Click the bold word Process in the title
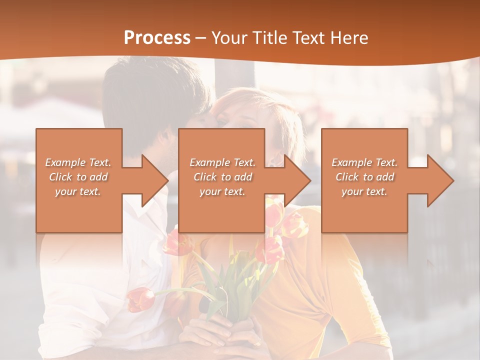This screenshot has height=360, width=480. tap(157, 38)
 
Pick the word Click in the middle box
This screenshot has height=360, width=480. tap(205, 177)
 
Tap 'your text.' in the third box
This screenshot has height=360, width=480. tap(364, 191)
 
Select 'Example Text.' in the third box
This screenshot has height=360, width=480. tap(364, 162)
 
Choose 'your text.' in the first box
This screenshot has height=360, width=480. tap(78, 191)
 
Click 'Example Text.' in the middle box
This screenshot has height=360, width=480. tap(222, 162)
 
